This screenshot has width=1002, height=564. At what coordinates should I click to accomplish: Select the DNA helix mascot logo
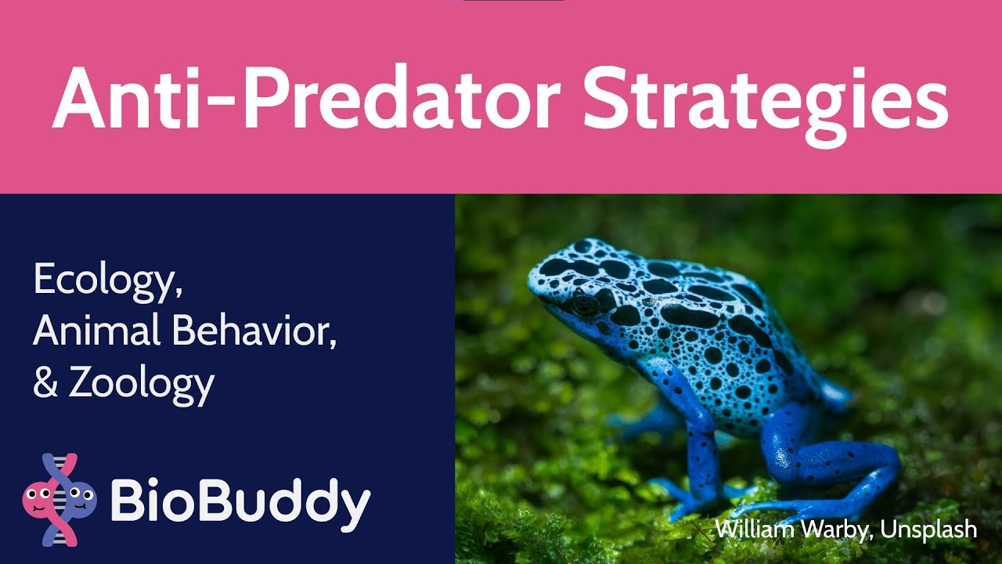(60, 499)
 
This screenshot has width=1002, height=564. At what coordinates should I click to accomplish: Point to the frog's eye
(584, 301)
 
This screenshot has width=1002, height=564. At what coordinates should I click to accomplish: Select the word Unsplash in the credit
(928, 530)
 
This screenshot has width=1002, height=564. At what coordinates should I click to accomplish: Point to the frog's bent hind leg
(830, 462)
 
